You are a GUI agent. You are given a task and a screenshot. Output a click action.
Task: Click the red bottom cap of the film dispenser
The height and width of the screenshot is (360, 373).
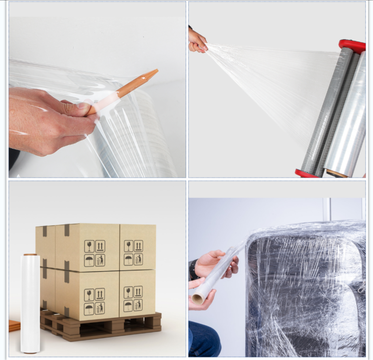pos(306,173)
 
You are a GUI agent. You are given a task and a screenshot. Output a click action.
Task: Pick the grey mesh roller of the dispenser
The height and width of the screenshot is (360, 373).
pos(326,111)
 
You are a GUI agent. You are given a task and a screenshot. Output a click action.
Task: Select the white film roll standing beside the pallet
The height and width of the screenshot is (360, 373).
pos(30,303)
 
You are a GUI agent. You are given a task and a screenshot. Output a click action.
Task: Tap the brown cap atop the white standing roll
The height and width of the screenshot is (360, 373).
pos(30,255)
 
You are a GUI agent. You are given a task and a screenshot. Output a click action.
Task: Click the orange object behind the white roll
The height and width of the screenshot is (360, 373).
pos(14,326)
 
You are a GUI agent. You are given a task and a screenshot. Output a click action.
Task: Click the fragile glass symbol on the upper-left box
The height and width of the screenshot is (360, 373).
pos(89,246)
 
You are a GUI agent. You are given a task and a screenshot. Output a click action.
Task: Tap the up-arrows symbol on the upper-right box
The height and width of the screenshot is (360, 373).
pos(138,246)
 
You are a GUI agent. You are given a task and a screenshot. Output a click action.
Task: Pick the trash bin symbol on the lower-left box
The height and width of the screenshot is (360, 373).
pos(100,308)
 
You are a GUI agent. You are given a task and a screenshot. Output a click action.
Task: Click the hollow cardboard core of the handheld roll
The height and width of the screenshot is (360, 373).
pos(197,299)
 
